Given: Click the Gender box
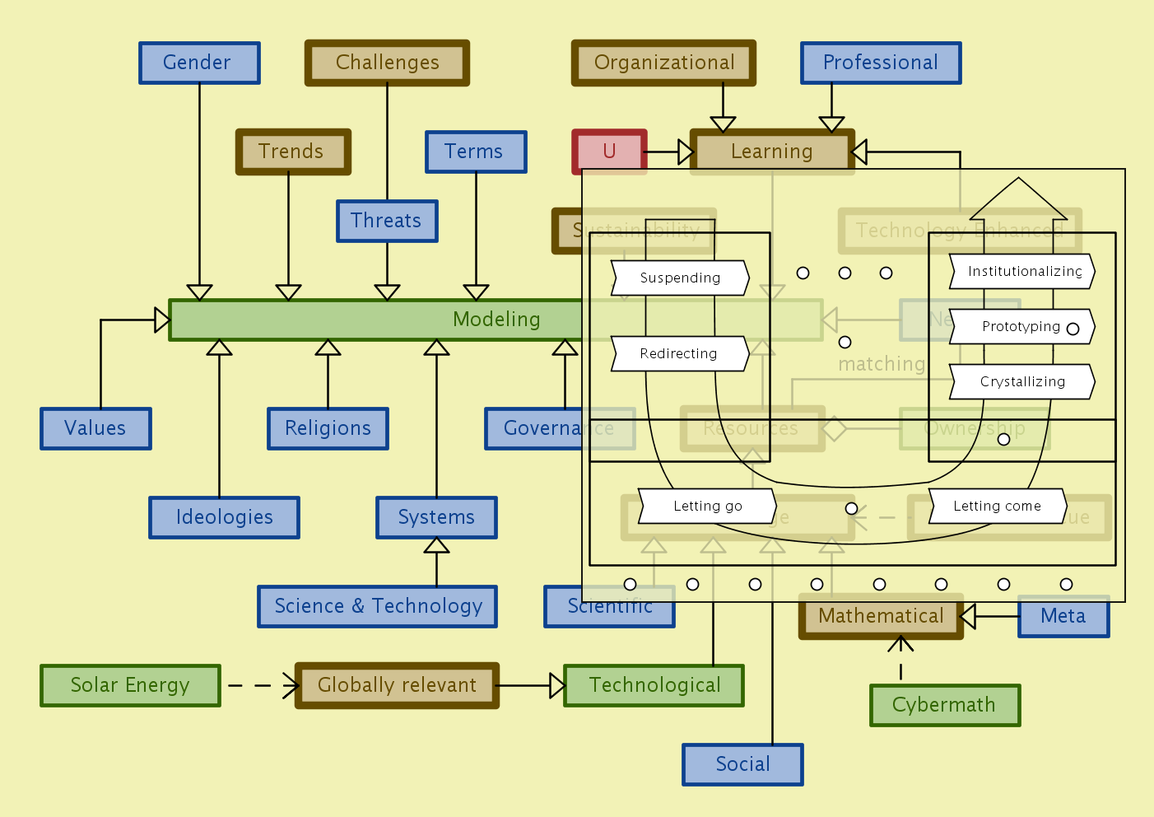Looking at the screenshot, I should (x=199, y=63).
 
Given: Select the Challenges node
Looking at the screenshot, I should (x=387, y=63).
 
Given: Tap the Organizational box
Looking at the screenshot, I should (x=663, y=63).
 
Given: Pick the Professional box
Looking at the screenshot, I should (x=881, y=63).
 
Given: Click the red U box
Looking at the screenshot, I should (x=609, y=152).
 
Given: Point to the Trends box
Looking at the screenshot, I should (x=293, y=152).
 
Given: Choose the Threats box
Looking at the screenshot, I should (x=387, y=221).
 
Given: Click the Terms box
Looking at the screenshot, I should (x=476, y=152).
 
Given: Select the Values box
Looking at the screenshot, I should (x=95, y=428).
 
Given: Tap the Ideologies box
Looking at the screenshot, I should (x=224, y=517).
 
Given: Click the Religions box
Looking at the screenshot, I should (x=328, y=428).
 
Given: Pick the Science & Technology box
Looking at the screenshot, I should (x=377, y=606).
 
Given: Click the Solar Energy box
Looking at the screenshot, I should (x=130, y=685).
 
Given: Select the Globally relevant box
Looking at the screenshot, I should (x=397, y=685).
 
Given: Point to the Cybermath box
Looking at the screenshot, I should (x=945, y=705).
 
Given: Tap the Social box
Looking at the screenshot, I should (x=742, y=764).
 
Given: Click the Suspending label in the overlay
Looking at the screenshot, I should (x=680, y=278).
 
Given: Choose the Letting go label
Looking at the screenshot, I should (x=707, y=507).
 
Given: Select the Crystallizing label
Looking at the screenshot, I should (x=1022, y=382).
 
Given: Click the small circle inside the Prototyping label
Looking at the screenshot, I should (x=1073, y=329).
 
